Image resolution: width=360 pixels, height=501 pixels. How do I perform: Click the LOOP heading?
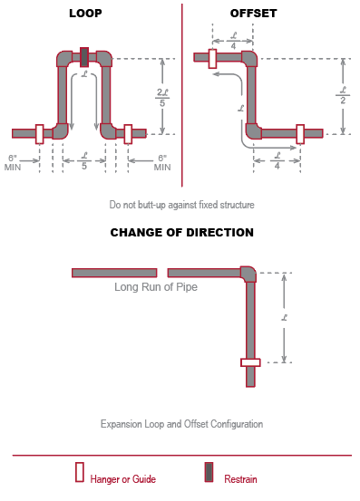click(x=84, y=14)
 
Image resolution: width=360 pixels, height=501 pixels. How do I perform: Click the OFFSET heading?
click(x=253, y=14)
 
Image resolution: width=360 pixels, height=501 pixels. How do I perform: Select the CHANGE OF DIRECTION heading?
click(x=181, y=233)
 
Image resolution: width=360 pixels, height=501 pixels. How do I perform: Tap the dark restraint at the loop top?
click(x=84, y=57)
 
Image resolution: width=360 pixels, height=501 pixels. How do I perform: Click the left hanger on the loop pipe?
click(x=39, y=133)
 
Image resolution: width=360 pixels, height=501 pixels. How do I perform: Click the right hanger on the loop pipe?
click(x=128, y=133)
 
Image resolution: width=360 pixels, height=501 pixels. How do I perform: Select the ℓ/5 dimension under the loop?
click(x=83, y=160)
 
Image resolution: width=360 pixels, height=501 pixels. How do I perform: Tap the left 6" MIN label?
click(x=14, y=162)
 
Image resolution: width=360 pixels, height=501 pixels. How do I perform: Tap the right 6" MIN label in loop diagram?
click(x=161, y=162)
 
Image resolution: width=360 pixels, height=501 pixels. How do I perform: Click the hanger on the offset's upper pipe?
click(x=211, y=58)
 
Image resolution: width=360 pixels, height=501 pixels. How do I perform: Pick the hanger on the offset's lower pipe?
click(x=300, y=132)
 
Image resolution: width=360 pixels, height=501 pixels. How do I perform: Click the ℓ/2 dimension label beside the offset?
click(x=343, y=95)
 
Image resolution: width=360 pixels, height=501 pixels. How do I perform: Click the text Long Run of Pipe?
click(x=156, y=287)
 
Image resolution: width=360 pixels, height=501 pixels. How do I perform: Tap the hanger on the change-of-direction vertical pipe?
click(x=250, y=362)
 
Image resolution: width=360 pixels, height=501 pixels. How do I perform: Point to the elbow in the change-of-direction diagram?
click(x=248, y=273)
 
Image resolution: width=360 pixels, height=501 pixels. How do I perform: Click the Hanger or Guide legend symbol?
click(x=80, y=472)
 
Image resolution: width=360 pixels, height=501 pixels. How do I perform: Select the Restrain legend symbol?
click(x=209, y=472)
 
